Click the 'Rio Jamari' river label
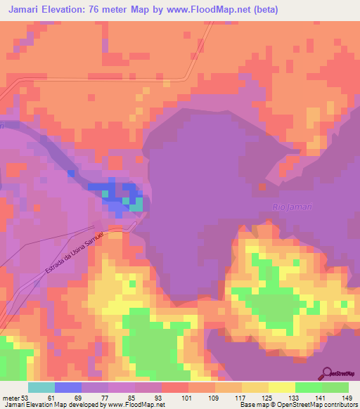(291, 207)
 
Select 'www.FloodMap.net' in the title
(212, 10)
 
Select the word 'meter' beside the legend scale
(11, 397)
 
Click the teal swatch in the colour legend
(41, 387)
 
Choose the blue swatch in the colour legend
(68, 387)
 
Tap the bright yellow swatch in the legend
(282, 387)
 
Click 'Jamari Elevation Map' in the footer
(32, 405)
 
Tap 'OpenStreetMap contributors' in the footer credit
(323, 405)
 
